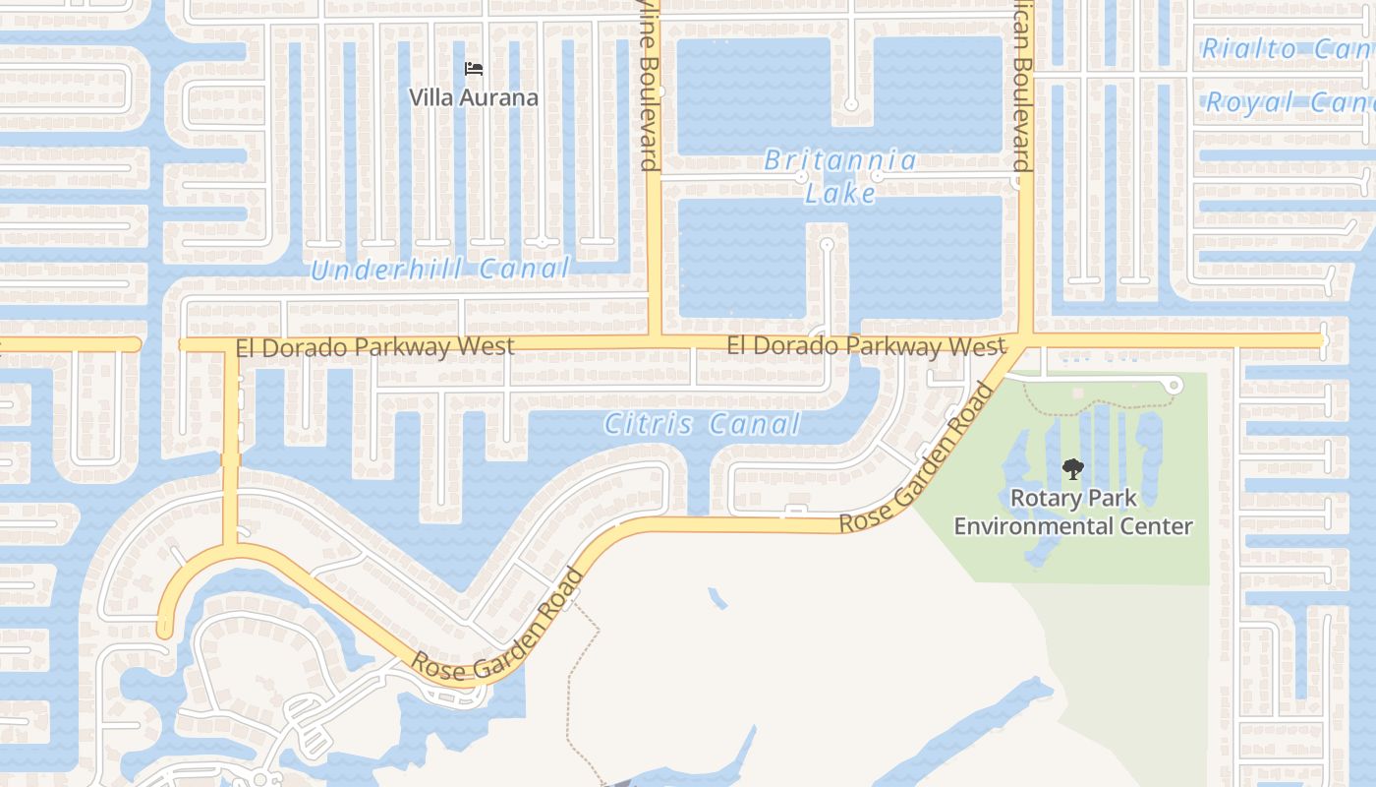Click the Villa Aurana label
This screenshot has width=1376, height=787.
pyautogui.click(x=474, y=97)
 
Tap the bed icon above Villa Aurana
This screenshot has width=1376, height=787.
pyautogui.click(x=474, y=69)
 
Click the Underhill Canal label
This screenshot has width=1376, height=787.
pyautogui.click(x=439, y=270)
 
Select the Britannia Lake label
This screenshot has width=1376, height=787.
pyautogui.click(x=840, y=176)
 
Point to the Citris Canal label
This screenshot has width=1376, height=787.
pyautogui.click(x=702, y=425)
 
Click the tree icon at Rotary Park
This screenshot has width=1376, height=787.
pyautogui.click(x=1072, y=469)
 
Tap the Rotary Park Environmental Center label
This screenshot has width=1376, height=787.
pyautogui.click(x=1073, y=512)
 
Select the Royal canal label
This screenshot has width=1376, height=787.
pyautogui.click(x=1288, y=101)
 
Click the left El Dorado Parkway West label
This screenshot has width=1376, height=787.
pyautogui.click(x=374, y=346)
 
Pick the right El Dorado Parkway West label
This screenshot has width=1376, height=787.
pyautogui.click(x=866, y=346)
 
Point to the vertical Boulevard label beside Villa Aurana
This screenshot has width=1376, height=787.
pyautogui.click(x=649, y=89)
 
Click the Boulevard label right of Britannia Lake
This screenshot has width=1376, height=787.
pyautogui.click(x=1021, y=89)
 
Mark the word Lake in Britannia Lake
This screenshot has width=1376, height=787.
pyautogui.click(x=840, y=194)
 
